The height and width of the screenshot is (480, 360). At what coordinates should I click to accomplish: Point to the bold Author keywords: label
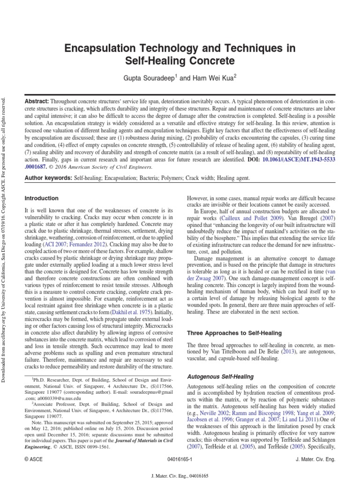coord(48,179)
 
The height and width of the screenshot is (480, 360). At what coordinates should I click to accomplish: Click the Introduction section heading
coord(41,198)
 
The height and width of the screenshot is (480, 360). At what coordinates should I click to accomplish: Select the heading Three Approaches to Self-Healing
coord(234,333)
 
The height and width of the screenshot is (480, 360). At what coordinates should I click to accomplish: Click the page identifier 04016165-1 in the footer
coord(180,460)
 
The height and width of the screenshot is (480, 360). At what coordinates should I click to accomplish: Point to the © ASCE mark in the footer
coord(33,460)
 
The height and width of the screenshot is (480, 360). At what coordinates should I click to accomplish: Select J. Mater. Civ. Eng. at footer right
coord(316,460)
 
